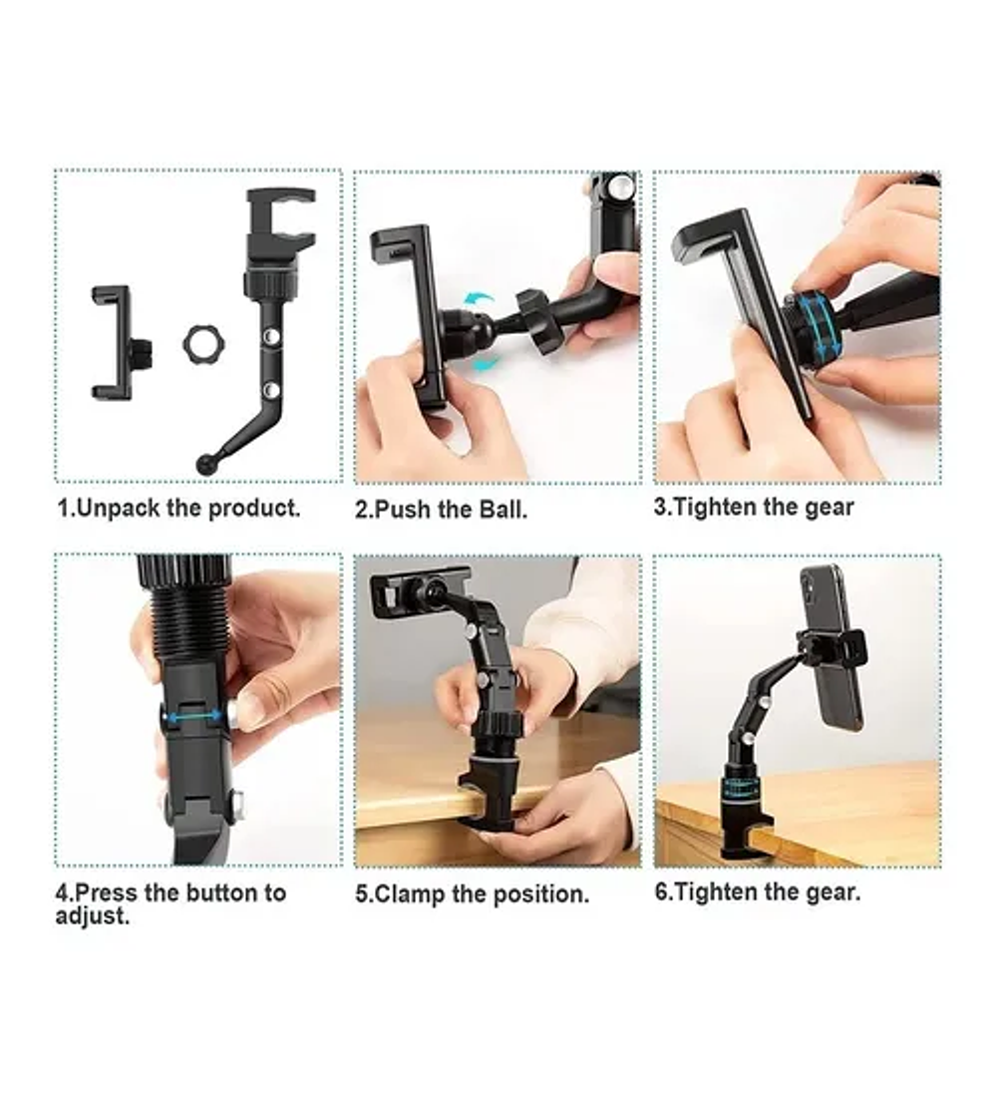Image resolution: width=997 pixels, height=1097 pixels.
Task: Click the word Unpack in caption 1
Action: (x=118, y=508)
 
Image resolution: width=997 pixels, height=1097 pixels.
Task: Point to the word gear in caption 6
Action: (x=831, y=893)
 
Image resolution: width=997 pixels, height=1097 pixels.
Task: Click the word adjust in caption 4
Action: (x=93, y=915)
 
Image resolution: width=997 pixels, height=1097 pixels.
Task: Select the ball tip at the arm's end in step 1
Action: (x=207, y=465)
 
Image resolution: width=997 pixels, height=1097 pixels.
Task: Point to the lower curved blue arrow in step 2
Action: (x=486, y=363)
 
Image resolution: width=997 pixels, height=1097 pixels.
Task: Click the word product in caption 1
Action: (x=254, y=508)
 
